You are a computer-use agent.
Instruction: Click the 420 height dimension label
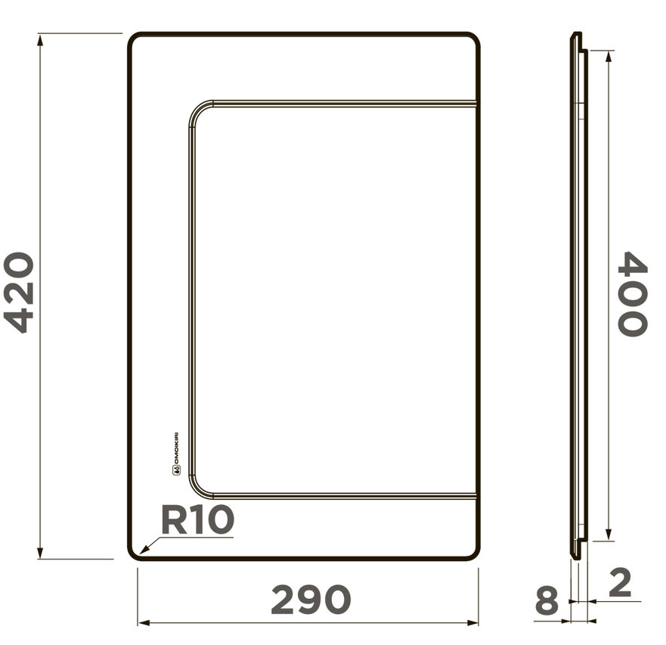[20, 293]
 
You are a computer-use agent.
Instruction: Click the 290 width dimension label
[311, 600]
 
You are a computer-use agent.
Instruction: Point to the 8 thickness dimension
[546, 602]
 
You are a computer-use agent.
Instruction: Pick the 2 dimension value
[619, 582]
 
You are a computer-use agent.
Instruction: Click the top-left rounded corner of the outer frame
[134, 39]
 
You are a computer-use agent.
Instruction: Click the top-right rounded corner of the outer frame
[474, 39]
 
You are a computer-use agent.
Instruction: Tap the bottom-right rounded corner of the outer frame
[474, 554]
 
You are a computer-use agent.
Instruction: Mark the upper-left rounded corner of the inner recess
[195, 111]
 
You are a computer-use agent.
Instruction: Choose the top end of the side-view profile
[576, 35]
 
